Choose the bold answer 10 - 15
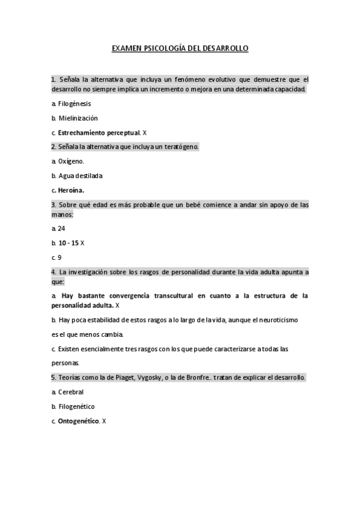pos(69,243)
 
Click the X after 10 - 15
pos(83,243)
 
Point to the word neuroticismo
pos(274,320)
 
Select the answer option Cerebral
pos(71,392)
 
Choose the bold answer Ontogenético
pos(78,421)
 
